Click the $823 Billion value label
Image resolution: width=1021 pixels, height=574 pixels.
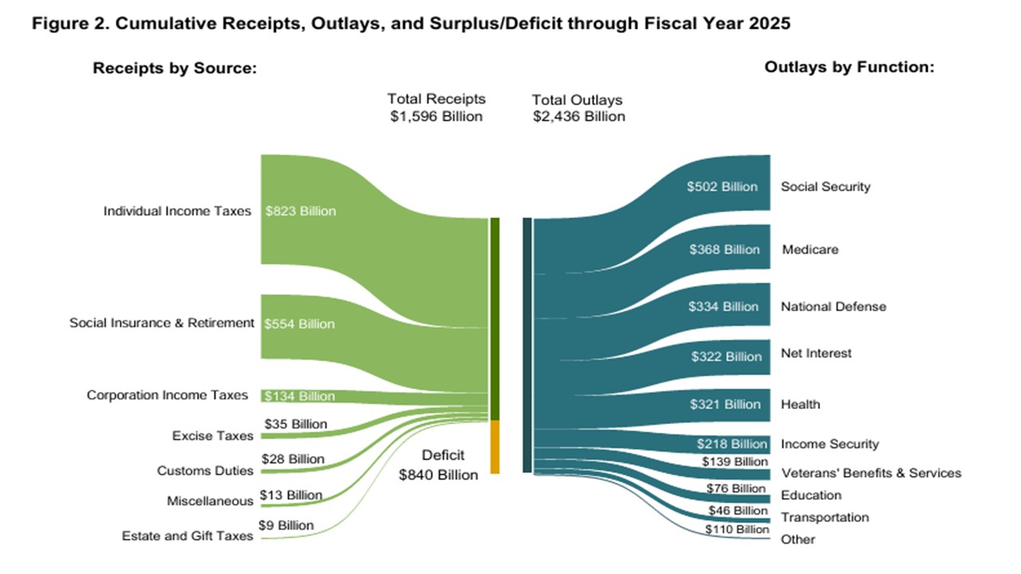click(300, 211)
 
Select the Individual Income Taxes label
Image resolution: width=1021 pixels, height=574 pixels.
click(177, 211)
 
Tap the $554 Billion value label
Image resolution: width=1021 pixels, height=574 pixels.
click(300, 324)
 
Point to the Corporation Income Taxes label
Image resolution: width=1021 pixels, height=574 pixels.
click(168, 395)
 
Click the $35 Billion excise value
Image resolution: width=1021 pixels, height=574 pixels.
click(295, 424)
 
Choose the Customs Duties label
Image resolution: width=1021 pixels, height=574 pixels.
click(205, 471)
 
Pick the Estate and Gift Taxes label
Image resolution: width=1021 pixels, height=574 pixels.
click(187, 537)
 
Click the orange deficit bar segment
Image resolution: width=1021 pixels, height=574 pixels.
click(495, 446)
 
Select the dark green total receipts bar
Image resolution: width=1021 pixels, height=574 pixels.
click(495, 319)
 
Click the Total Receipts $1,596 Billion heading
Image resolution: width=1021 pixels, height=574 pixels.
click(436, 108)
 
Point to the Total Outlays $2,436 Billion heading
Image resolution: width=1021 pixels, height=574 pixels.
click(578, 108)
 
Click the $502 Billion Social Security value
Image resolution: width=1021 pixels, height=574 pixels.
click(722, 187)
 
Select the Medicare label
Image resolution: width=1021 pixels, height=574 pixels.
click(810, 250)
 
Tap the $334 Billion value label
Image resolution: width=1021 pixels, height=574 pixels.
click(723, 307)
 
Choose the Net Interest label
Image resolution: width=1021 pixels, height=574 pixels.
click(816, 353)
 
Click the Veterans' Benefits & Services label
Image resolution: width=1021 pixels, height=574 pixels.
click(871, 474)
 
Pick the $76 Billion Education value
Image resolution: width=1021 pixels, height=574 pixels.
click(735, 489)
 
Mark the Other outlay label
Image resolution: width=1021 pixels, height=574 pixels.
click(798, 540)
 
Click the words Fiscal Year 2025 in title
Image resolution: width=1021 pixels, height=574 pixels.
click(723, 24)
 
